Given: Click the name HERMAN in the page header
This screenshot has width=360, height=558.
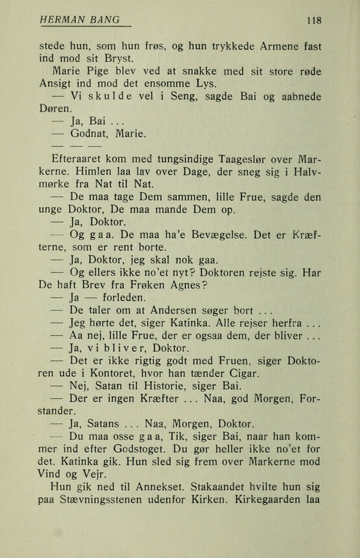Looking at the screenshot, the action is pyautogui.click(x=62, y=21).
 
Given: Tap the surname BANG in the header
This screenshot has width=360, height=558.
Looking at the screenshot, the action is pyautogui.click(x=104, y=21).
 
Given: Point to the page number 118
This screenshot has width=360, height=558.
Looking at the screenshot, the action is pyautogui.click(x=314, y=21).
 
